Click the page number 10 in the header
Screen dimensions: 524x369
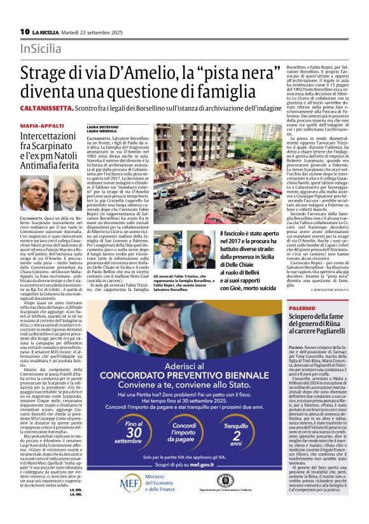[24, 31]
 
